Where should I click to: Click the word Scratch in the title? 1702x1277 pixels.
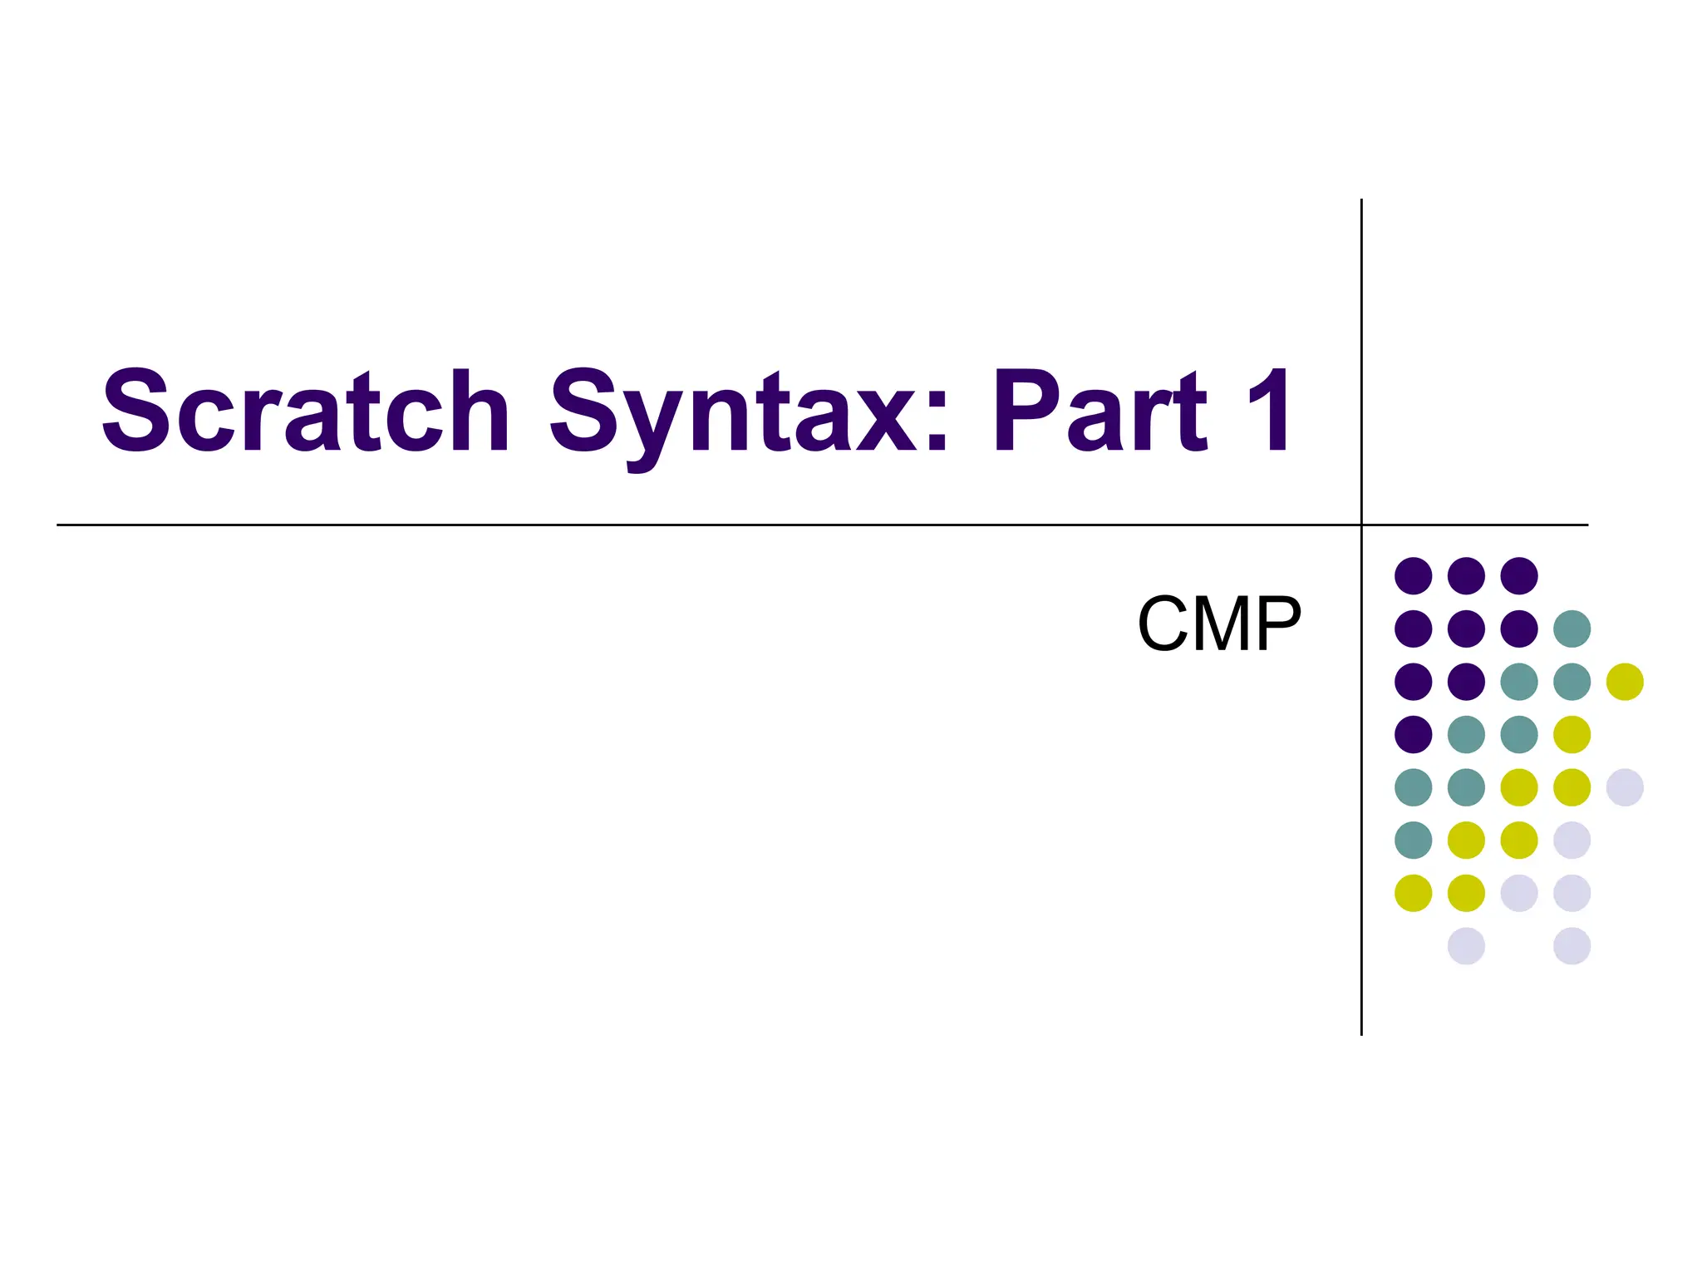[305, 412]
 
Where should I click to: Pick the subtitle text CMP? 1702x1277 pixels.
[1218, 624]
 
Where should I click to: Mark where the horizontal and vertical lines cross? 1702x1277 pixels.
[1361, 525]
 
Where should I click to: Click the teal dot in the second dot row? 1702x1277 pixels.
[1572, 629]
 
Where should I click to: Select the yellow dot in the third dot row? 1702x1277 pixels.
[1625, 682]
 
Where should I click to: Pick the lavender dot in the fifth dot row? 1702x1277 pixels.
[1625, 787]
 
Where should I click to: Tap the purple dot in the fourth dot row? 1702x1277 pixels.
[1414, 734]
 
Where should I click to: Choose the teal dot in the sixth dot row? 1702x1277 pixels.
[1414, 840]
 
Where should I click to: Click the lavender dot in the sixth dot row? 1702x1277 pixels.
[1572, 840]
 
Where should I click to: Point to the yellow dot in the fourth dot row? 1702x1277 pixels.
[1572, 734]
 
